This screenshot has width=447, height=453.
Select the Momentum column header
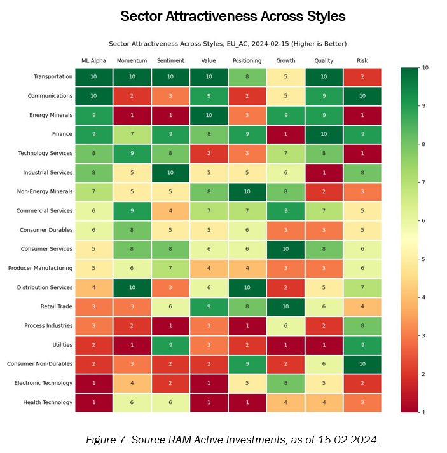132,61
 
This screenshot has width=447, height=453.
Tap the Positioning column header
247,61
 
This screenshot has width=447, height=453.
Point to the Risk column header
362,61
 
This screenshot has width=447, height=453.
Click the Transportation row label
52,76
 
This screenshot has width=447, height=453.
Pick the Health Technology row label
48,402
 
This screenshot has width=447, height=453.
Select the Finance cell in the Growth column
285,134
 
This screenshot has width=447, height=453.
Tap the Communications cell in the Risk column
362,96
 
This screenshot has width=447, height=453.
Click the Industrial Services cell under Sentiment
170,172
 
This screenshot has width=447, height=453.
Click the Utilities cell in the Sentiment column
170,345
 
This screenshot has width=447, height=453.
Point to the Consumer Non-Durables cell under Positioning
247,364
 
